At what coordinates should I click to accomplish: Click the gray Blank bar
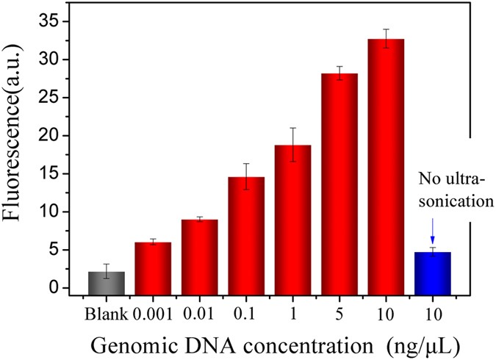(107, 284)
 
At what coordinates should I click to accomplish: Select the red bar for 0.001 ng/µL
(153, 268)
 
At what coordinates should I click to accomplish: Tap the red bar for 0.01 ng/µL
(199, 257)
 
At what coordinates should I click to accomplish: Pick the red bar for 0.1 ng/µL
(246, 236)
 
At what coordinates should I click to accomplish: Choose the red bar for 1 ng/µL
(292, 220)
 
